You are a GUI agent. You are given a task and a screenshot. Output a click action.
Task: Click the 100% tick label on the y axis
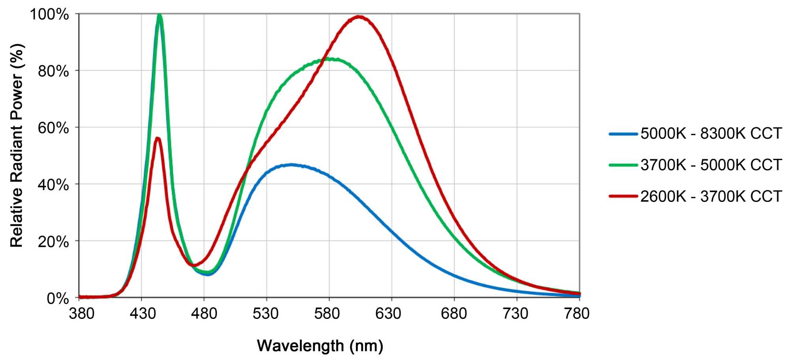pyautogui.click(x=49, y=15)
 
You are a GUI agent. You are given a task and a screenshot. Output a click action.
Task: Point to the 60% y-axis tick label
pyautogui.click(x=53, y=128)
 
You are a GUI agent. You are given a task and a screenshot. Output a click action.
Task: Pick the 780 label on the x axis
pyautogui.click(x=577, y=313)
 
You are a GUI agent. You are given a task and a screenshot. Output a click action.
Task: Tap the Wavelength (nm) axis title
pyautogui.click(x=320, y=346)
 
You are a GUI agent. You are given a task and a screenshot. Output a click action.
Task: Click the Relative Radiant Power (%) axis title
pyautogui.click(x=17, y=145)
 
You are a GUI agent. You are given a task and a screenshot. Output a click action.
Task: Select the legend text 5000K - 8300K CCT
pyautogui.click(x=711, y=134)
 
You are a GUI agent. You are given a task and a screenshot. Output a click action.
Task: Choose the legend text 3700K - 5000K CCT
pyautogui.click(x=711, y=165)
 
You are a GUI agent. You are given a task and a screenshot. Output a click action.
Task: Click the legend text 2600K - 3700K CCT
pyautogui.click(x=711, y=196)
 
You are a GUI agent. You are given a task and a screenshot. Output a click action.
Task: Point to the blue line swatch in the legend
pyautogui.click(x=623, y=134)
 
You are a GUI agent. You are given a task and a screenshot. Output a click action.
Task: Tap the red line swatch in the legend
pyautogui.click(x=623, y=196)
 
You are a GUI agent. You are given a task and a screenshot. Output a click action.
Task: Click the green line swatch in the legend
pyautogui.click(x=623, y=165)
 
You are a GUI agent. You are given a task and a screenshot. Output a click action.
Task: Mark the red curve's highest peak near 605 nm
pyautogui.click(x=359, y=17)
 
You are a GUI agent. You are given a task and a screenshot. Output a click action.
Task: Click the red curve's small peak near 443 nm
pyautogui.click(x=158, y=138)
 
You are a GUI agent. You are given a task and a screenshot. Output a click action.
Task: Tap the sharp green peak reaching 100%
pyautogui.click(x=160, y=15)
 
